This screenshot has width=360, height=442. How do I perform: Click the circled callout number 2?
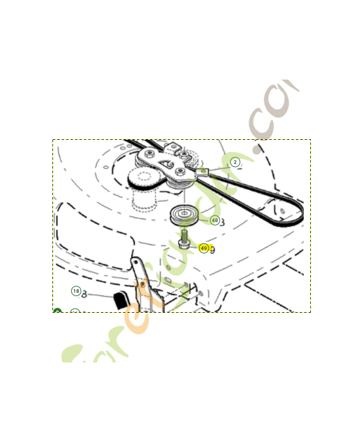tap(235, 162)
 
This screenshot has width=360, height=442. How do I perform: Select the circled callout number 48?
tap(214, 220)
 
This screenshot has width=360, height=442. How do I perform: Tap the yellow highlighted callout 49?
tap(204, 249)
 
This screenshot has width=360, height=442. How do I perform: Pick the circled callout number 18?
tap(76, 291)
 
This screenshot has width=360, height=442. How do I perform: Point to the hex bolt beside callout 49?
tap(184, 244)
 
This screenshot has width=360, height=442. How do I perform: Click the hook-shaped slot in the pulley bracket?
tap(170, 164)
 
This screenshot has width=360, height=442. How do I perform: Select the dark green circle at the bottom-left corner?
tap(57, 311)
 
